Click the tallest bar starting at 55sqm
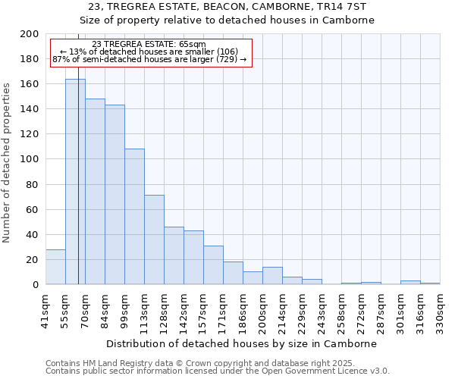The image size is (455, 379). pos(75,182)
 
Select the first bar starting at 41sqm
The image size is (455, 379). pos(55,267)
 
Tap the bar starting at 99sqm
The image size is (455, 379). pos(134,217)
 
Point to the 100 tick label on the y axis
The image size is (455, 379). pos(30,159)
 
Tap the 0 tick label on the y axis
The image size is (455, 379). pos(36,285)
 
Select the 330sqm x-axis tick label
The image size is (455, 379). pos(441,310)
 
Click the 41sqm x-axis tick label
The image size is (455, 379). pos(46,310)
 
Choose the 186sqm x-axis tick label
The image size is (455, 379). pos(243,310)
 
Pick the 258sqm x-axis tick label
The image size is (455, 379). pos(342,310)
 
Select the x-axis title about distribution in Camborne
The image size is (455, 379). pos(241,343)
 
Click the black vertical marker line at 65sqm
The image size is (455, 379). pos(78,189)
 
